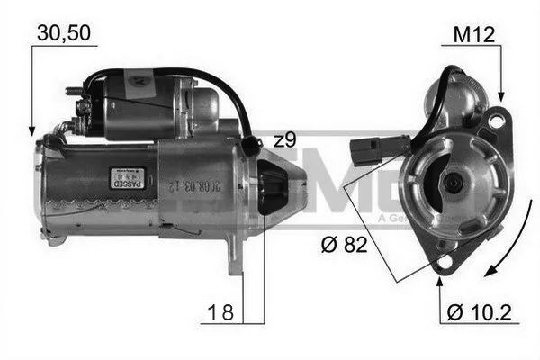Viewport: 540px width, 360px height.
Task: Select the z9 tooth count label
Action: coord(284,139)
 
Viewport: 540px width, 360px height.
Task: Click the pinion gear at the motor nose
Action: coord(273,189)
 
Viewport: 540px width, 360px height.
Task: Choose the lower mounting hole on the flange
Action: coord(440,262)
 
